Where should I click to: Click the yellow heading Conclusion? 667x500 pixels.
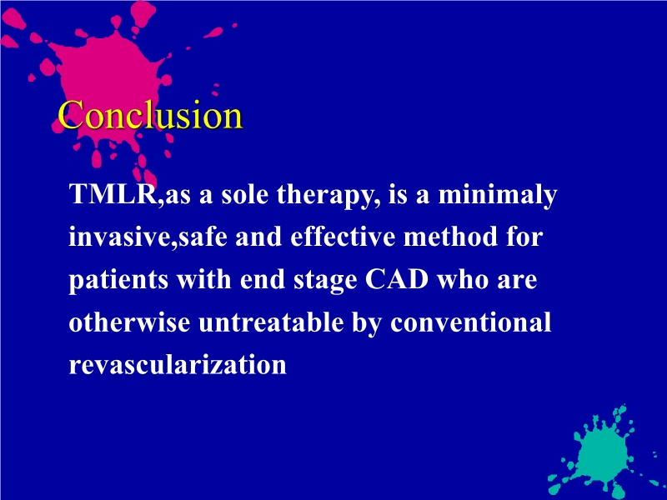click(150, 115)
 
